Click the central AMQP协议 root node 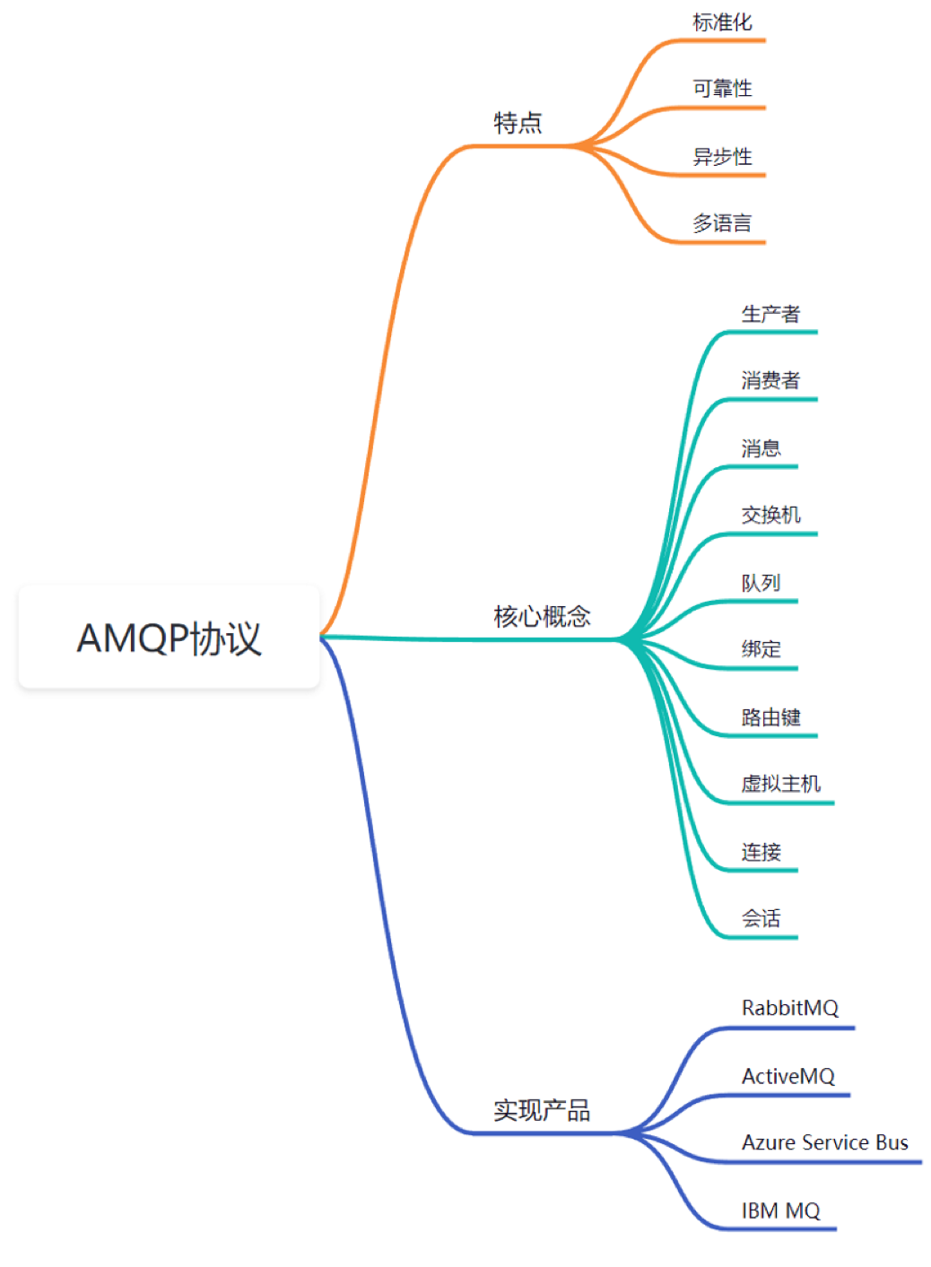click(x=169, y=637)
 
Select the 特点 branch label click(x=518, y=123)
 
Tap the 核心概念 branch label click(x=542, y=616)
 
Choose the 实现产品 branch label click(x=542, y=1110)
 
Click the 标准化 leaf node click(x=722, y=22)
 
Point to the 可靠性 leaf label click(x=722, y=89)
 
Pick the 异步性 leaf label click(x=722, y=157)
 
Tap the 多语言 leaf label click(x=722, y=223)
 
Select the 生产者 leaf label click(x=770, y=314)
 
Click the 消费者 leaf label click(x=770, y=381)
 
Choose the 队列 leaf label click(x=761, y=583)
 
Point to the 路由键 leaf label click(x=770, y=717)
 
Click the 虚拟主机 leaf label click(x=780, y=784)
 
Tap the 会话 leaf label click(x=761, y=918)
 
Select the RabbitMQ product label click(x=789, y=1008)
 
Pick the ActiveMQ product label click(x=787, y=1076)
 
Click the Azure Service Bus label click(x=824, y=1142)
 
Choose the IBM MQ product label click(x=780, y=1211)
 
